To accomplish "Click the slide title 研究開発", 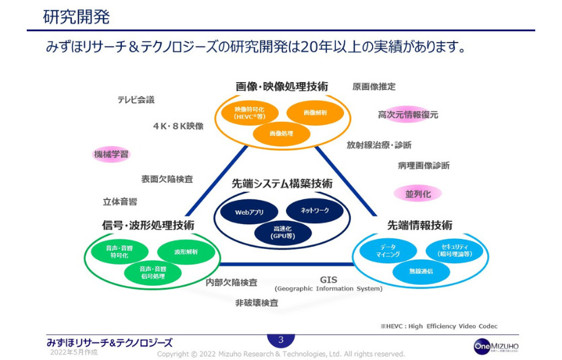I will point(77,16).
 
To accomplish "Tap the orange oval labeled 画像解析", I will point(315,112).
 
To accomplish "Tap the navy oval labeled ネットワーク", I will point(314,211).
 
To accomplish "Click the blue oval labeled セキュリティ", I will point(454,250).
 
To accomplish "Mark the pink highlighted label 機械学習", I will point(110,154).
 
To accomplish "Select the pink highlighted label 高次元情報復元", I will point(408,115).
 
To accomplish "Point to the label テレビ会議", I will point(135,100).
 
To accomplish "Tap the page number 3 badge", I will point(281,340).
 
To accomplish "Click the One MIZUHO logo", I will point(496,346).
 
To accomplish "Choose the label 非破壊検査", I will point(256,303).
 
